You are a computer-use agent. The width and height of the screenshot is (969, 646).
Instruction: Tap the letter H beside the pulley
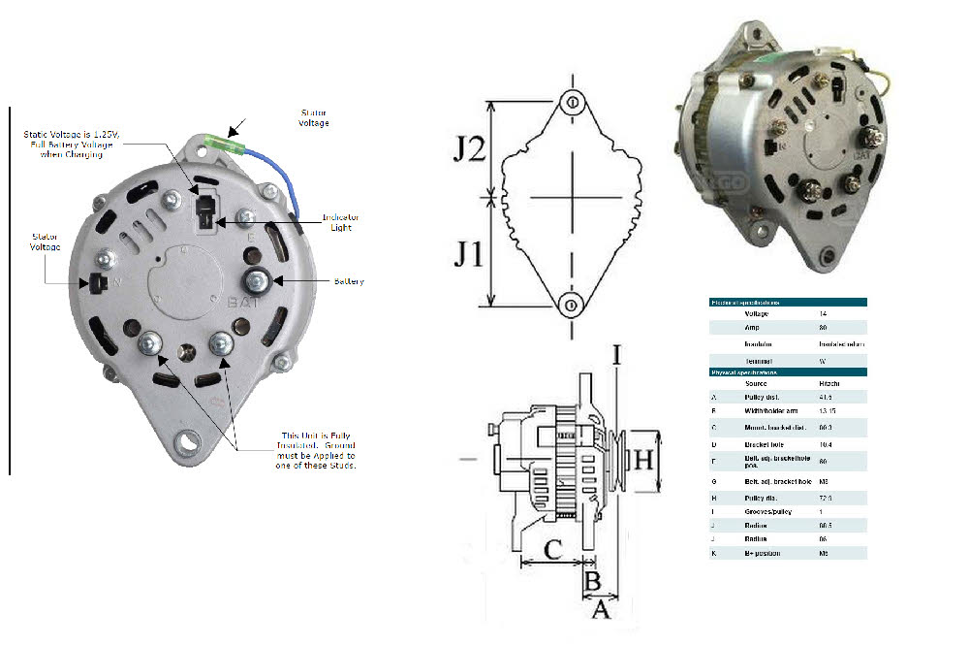click(x=643, y=460)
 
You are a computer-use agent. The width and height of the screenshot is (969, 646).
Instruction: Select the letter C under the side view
click(x=551, y=549)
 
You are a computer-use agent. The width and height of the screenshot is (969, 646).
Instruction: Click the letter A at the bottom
click(x=600, y=611)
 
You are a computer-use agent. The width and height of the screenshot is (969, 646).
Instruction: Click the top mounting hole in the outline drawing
click(x=572, y=103)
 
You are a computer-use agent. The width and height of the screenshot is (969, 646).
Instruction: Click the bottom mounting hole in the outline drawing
click(x=572, y=306)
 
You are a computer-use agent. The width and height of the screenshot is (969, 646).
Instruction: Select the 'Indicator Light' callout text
click(x=340, y=222)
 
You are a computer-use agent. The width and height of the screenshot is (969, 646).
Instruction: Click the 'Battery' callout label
click(x=349, y=281)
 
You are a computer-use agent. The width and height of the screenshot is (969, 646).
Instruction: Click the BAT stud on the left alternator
click(x=258, y=281)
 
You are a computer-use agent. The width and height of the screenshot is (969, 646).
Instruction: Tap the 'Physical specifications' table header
click(x=746, y=372)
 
